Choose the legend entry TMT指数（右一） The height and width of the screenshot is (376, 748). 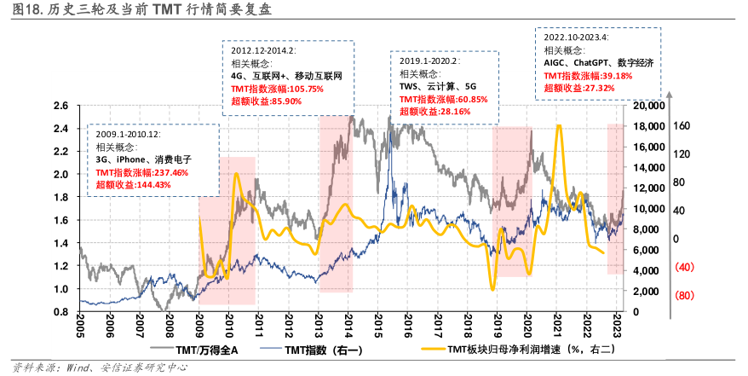320,350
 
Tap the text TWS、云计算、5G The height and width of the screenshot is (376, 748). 439,86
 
